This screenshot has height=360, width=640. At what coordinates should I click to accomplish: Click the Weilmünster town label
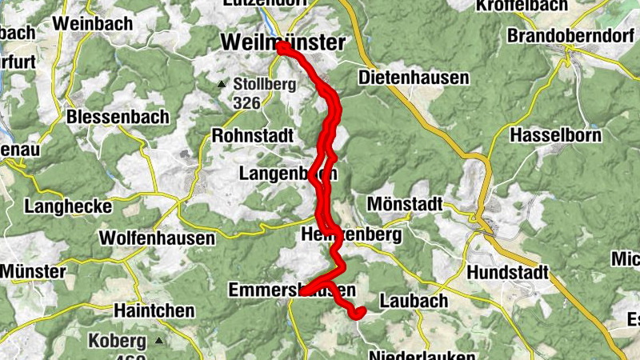click(x=283, y=42)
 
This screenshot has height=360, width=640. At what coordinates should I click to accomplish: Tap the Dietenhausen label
click(x=413, y=78)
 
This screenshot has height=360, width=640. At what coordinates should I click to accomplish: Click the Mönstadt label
click(x=404, y=204)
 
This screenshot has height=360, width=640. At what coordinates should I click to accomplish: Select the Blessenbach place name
click(x=118, y=117)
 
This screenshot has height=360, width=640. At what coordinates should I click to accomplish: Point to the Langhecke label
click(x=68, y=206)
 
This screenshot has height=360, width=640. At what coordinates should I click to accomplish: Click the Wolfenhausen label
click(x=157, y=238)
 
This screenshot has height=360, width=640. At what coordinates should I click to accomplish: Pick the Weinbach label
click(x=94, y=23)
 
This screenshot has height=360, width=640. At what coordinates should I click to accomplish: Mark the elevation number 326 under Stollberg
click(x=247, y=102)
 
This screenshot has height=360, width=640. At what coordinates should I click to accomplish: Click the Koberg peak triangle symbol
click(x=158, y=341)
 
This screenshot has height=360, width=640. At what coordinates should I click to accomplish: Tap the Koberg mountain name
click(x=118, y=341)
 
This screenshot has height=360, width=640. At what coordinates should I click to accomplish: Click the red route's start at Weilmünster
click(x=282, y=46)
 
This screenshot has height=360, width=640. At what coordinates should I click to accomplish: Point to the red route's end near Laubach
click(x=360, y=311)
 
